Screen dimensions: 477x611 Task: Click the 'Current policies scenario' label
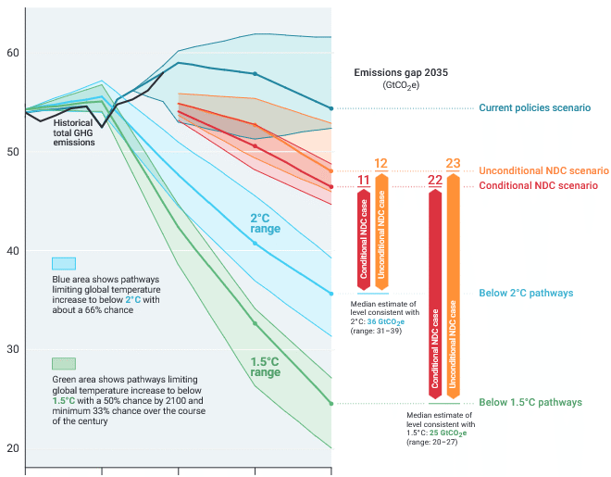click(534, 108)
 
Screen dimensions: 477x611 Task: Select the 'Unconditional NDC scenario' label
click(542, 171)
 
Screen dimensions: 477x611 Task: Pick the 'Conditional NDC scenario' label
click(537, 186)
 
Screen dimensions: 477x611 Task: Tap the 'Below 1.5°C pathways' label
click(530, 403)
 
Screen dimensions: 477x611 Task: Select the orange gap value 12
click(380, 164)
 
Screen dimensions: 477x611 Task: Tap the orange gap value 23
click(453, 164)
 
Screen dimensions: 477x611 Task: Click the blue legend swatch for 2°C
click(64, 263)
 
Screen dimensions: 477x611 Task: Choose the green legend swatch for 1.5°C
click(64, 363)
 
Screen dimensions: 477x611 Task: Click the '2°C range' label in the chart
click(265, 223)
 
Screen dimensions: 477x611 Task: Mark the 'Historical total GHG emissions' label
click(84, 132)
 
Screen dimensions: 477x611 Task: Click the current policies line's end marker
click(331, 108)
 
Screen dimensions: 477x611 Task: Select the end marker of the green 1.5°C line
click(331, 403)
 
